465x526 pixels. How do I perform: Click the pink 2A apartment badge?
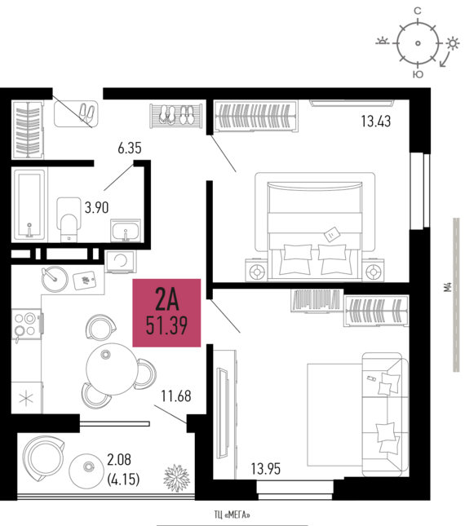point(166,312)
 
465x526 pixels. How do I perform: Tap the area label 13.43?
point(376,121)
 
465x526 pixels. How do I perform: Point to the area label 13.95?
point(266,469)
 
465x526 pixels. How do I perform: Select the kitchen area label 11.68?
point(176,396)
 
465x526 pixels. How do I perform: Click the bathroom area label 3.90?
point(96,208)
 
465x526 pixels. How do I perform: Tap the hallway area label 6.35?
point(130,148)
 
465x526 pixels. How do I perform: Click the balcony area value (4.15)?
point(123,479)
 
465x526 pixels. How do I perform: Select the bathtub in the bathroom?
point(29,204)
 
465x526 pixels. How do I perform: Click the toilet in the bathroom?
point(69,219)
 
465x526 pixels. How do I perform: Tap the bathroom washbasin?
point(126,231)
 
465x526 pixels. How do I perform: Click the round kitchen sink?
point(55,279)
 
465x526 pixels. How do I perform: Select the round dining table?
point(112,369)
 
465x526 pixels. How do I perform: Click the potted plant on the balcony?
point(176,478)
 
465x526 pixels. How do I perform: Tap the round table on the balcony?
point(87,470)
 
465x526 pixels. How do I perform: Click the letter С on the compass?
point(418,11)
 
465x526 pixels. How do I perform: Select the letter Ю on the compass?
point(418,74)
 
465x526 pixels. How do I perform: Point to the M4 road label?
point(448,287)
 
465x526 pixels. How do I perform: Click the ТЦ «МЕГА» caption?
point(232,515)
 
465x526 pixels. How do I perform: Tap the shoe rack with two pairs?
point(176,116)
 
